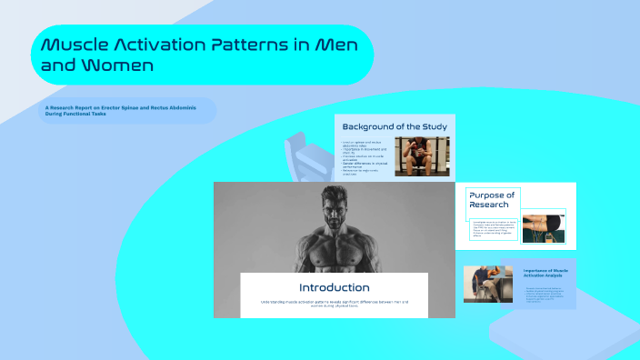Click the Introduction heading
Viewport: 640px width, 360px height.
pos(334,287)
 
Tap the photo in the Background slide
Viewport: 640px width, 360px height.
pos(421,155)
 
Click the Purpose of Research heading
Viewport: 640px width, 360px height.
pos(492,200)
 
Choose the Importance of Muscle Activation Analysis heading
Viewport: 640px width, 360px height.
pos(546,274)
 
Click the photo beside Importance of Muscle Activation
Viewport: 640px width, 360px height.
pos(487,284)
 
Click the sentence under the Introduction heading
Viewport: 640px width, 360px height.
pos(334,304)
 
